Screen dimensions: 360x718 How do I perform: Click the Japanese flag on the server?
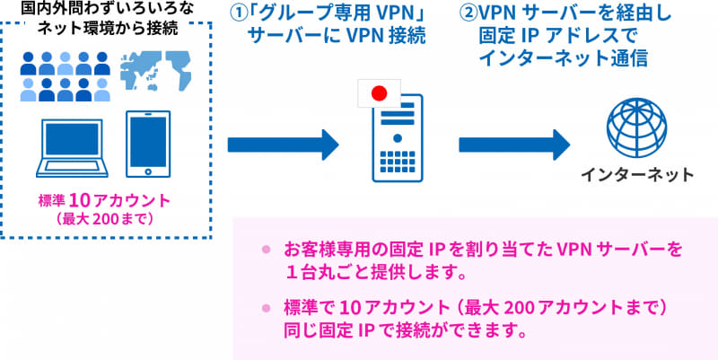pyautogui.click(x=377, y=93)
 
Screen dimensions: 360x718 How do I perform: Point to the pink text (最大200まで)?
pyautogui.click(x=106, y=218)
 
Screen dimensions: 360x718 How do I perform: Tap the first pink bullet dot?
pyautogui.click(x=266, y=249)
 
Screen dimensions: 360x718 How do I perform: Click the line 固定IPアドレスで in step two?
pyautogui.click(x=547, y=38)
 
